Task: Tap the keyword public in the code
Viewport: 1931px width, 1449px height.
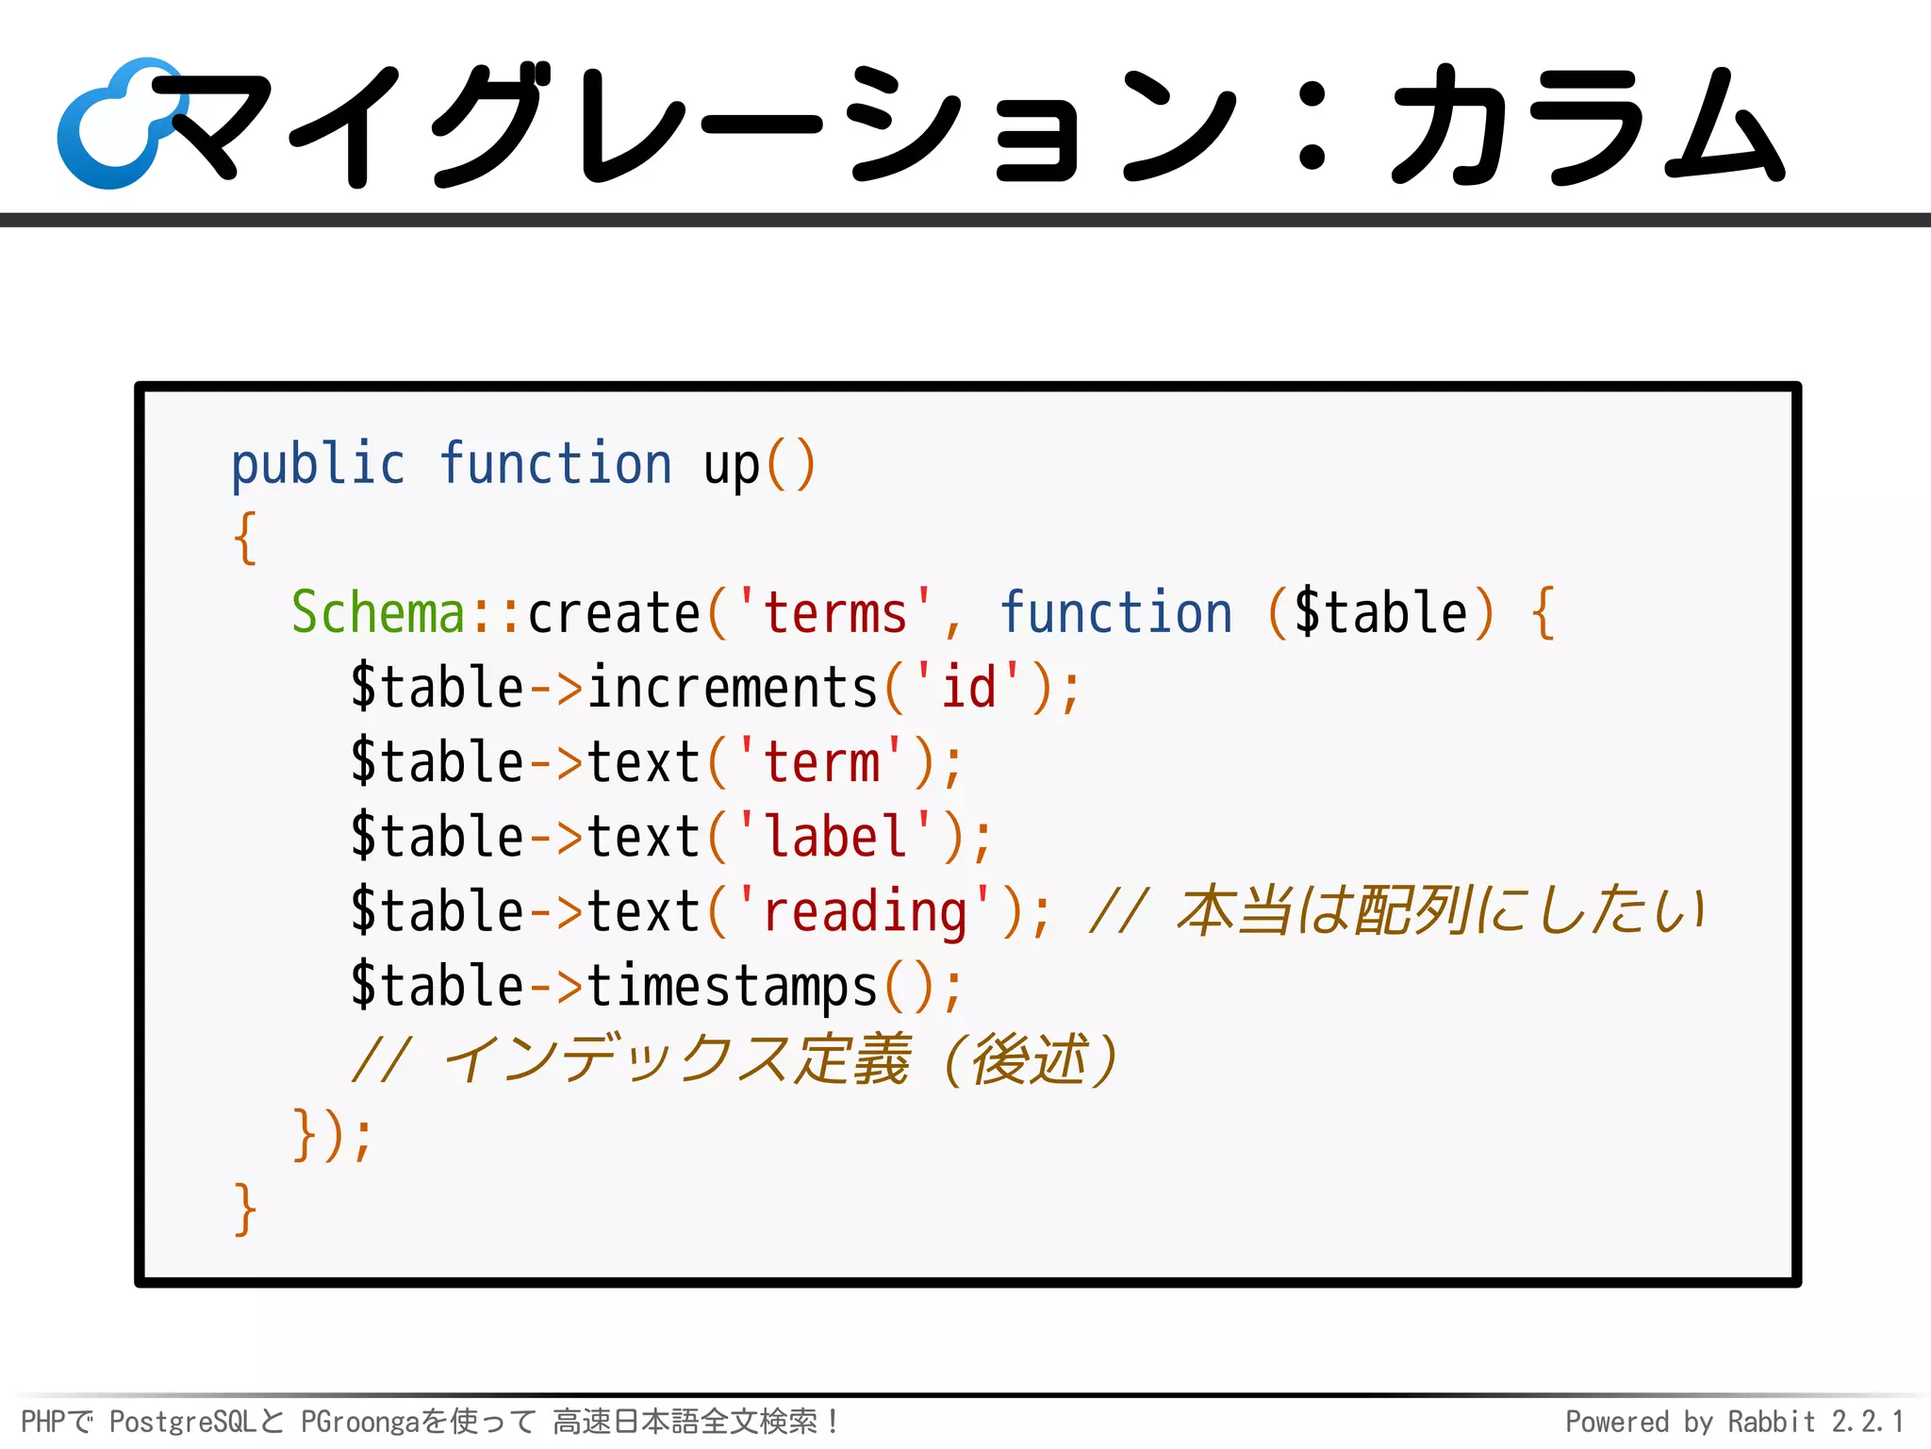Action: pos(318,465)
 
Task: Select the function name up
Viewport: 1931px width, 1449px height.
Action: pos(731,465)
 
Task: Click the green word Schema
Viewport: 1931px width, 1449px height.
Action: pos(378,613)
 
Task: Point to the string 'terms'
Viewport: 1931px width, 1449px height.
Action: pos(834,613)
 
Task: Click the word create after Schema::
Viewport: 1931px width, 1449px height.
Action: pos(613,613)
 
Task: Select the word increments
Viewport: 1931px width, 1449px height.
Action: pos(733,688)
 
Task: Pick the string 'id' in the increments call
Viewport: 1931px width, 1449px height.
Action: pos(968,688)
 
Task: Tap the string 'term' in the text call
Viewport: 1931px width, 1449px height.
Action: pos(821,762)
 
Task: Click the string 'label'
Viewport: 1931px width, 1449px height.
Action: pos(834,837)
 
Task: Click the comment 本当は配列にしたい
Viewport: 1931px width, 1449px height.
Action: pos(1441,912)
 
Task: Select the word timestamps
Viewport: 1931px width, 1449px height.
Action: pos(733,987)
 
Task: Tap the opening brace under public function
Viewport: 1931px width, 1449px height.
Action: pos(245,539)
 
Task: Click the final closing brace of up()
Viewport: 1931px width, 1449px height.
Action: pos(245,1209)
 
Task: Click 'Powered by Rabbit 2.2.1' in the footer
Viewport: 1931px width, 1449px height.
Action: pos(1734,1422)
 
